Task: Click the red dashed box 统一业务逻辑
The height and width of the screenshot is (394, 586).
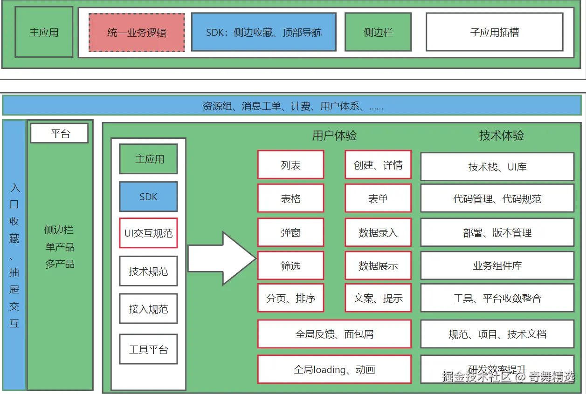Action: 137,33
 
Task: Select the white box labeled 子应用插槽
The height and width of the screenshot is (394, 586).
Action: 495,32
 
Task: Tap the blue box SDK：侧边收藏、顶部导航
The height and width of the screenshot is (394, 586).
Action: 263,32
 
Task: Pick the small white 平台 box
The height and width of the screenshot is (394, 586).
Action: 59,134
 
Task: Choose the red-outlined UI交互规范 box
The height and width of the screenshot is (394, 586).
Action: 148,233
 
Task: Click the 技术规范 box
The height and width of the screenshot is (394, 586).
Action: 148,271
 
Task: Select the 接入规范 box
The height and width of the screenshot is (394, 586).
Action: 148,309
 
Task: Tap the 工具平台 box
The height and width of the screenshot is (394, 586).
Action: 148,349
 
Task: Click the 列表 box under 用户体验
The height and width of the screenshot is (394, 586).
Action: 290,165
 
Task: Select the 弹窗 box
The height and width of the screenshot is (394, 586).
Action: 290,232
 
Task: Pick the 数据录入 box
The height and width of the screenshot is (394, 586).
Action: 378,232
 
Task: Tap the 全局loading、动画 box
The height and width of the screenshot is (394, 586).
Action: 334,370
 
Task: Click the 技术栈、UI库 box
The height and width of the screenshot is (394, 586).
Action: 497,167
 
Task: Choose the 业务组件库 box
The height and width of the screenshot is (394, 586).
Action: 497,266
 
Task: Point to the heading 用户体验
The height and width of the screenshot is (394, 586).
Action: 334,136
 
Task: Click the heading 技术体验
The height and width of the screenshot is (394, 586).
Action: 501,136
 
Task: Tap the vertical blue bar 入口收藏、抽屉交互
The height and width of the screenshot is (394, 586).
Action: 14,255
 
